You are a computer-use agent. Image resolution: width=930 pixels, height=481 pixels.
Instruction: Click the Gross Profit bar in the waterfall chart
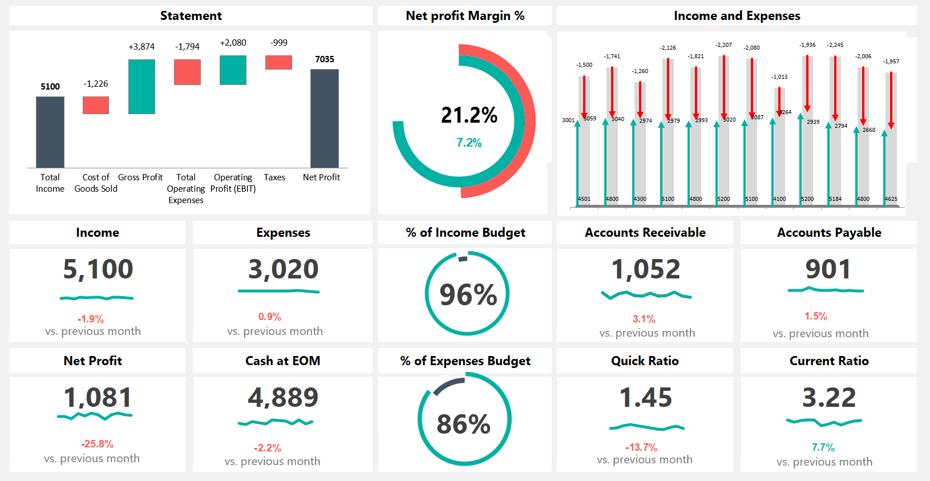[141, 87]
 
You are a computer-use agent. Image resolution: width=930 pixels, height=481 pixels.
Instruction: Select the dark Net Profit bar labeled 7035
[325, 118]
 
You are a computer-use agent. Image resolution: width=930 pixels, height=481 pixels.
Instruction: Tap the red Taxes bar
[278, 62]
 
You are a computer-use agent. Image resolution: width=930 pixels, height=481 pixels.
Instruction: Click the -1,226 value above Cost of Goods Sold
[96, 84]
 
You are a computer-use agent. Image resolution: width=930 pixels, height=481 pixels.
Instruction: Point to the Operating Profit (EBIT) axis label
[233, 183]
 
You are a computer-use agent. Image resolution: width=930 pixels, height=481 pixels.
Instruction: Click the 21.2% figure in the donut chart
[469, 115]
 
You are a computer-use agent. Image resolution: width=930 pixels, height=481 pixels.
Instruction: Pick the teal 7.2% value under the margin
[469, 143]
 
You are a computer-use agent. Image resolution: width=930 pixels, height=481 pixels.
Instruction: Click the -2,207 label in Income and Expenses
[723, 45]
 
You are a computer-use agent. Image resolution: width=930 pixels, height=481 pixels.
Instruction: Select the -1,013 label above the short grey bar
[779, 76]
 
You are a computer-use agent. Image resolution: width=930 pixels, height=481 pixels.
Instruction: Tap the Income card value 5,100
[98, 269]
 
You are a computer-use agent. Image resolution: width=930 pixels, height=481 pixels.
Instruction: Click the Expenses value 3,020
[283, 269]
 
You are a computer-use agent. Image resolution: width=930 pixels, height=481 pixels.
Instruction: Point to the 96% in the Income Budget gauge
[468, 295]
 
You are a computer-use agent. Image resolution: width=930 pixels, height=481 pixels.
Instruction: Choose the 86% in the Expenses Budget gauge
[463, 424]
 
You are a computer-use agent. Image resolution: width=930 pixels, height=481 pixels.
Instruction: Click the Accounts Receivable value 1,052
[645, 269]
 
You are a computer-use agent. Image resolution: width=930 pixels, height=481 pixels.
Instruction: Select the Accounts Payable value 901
[828, 269]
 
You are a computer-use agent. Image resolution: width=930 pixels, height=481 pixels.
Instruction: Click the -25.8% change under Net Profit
[97, 444]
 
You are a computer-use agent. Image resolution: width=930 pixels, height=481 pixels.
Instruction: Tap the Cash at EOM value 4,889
[283, 398]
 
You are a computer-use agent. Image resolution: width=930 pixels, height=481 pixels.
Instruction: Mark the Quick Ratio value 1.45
[645, 398]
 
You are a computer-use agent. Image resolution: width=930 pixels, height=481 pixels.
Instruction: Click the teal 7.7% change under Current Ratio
[823, 447]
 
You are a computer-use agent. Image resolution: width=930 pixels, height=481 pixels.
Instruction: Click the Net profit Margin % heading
[465, 16]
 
